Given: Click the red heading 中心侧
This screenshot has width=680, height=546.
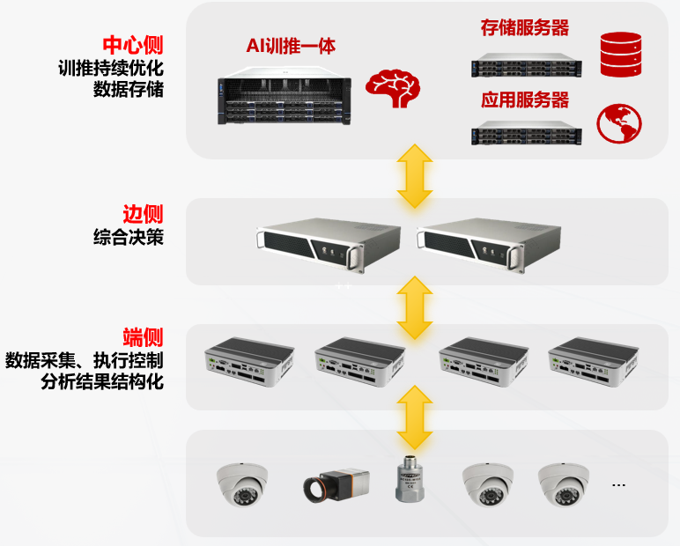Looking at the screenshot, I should [132, 45].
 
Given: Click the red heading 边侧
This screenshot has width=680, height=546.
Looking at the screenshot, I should [143, 214].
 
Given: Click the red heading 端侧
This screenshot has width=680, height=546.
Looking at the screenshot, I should [143, 337].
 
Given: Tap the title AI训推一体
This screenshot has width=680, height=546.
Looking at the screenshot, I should [291, 47].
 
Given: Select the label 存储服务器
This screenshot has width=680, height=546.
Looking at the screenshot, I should [524, 28].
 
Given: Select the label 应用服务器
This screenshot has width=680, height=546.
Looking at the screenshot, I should [524, 99].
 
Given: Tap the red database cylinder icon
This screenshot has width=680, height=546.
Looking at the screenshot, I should [619, 54].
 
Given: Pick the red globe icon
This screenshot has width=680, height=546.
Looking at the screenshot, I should [619, 124].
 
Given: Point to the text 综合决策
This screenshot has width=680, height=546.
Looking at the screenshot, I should [128, 237].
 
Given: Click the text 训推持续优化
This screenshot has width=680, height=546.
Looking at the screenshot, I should [111, 67].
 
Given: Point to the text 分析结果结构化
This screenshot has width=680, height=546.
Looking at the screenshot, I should [102, 382].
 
